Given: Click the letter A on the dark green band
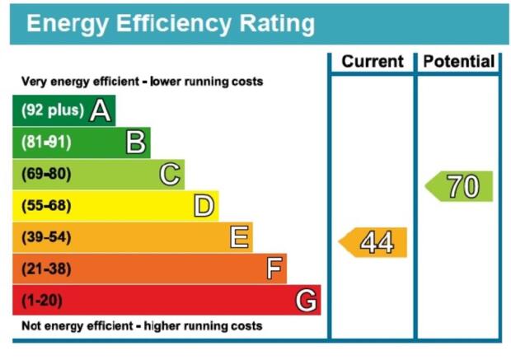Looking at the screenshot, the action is [x=101, y=110].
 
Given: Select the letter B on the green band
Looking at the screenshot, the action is [x=135, y=142].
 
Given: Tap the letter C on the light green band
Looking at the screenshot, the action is [x=170, y=174].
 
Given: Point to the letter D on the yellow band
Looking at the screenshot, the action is [x=204, y=206].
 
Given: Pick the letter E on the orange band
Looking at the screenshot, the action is [x=240, y=237].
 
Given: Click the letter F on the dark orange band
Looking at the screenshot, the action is [x=274, y=269].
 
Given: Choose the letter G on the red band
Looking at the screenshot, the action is [x=306, y=300].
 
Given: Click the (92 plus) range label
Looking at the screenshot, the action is [x=53, y=110].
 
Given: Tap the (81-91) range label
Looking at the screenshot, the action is [x=46, y=142].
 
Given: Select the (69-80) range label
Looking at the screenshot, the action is [x=46, y=174].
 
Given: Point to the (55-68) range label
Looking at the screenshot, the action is [x=46, y=206].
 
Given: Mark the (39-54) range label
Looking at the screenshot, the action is [x=46, y=237].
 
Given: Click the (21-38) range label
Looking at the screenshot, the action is [x=46, y=269].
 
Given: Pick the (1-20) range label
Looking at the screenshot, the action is [x=42, y=300].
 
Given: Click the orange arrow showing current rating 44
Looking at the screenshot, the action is [x=373, y=242].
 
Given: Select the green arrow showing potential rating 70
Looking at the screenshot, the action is [x=459, y=186].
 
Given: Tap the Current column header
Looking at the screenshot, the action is [x=373, y=61].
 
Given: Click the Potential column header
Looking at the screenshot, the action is [x=459, y=61].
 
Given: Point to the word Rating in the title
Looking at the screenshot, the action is [x=277, y=24].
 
